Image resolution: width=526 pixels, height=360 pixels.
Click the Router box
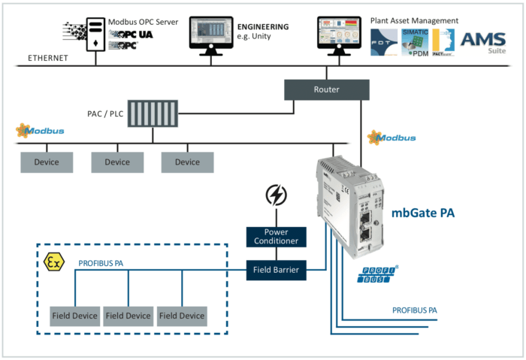point(327,89)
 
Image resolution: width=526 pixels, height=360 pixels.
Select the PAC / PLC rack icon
point(153,113)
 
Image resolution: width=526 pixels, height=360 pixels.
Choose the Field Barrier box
point(277,269)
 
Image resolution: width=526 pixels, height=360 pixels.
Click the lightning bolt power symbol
point(277,196)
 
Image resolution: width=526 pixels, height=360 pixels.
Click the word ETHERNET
point(49,57)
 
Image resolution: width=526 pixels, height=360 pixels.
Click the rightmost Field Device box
point(182,316)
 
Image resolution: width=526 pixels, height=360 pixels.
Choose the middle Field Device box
point(128,316)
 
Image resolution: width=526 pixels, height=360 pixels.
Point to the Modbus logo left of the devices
point(41,132)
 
